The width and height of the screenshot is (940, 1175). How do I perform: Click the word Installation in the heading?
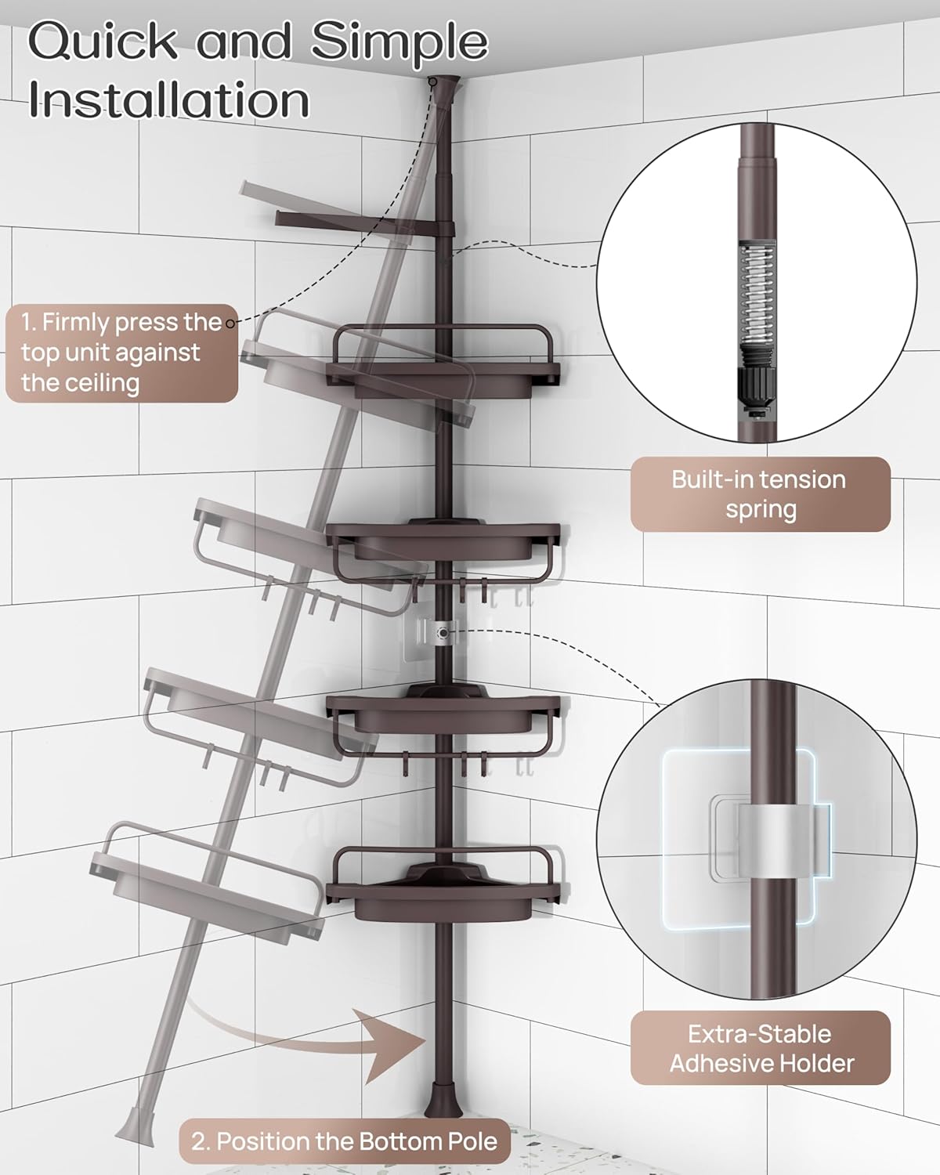point(168,100)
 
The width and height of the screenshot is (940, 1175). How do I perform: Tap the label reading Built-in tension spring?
point(760,494)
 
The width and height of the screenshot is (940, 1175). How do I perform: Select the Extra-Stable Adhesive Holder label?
point(760,1048)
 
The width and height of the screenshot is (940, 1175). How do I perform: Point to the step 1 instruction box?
point(121,352)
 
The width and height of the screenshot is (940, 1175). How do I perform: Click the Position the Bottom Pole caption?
point(345,1141)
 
